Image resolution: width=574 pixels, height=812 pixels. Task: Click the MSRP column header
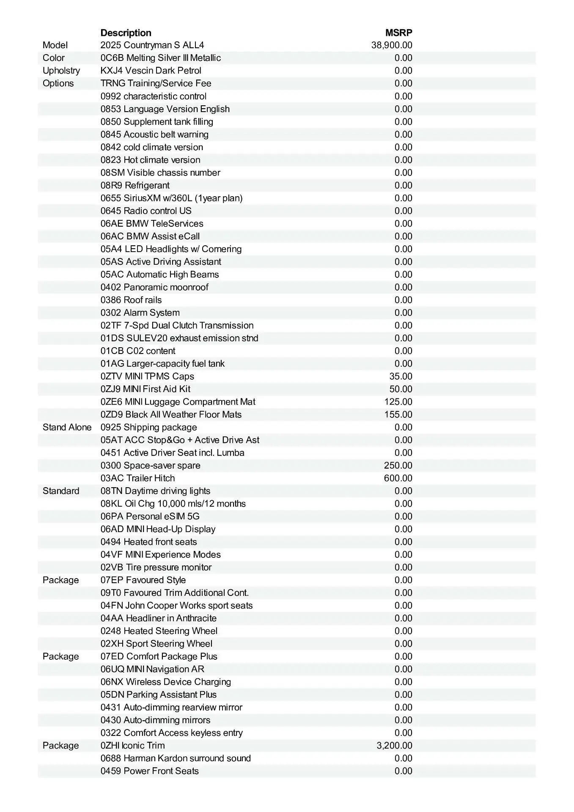pyautogui.click(x=398, y=33)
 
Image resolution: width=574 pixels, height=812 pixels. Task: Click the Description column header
pyautogui.click(x=126, y=33)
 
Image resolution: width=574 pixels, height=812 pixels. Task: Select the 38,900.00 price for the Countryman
pyautogui.click(x=392, y=45)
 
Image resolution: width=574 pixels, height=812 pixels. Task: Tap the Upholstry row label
pyautogui.click(x=61, y=71)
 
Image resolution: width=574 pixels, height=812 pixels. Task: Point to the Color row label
pyautogui.click(x=54, y=58)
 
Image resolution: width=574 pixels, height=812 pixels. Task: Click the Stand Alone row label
pyautogui.click(x=67, y=427)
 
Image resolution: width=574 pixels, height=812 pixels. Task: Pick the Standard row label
pyautogui.click(x=61, y=491)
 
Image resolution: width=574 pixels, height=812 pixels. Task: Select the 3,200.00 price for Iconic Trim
pyautogui.click(x=394, y=745)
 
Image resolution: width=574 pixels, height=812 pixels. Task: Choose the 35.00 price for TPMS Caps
pyautogui.click(x=401, y=376)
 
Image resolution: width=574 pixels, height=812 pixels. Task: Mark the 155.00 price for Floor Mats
pyautogui.click(x=398, y=414)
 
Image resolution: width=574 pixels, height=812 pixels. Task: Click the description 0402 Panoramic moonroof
pyautogui.click(x=154, y=287)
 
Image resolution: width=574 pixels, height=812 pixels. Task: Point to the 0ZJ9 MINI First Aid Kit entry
pyautogui.click(x=146, y=389)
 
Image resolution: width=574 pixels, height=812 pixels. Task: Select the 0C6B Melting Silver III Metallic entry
pyautogui.click(x=161, y=58)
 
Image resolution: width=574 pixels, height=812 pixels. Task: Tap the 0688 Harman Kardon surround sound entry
pyautogui.click(x=176, y=758)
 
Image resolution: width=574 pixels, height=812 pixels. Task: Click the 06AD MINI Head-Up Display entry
pyautogui.click(x=158, y=529)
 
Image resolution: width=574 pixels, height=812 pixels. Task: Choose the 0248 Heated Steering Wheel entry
pyautogui.click(x=159, y=631)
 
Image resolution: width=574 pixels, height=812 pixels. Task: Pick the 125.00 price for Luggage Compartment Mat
pyautogui.click(x=398, y=402)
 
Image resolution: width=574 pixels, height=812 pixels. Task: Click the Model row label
pyautogui.click(x=55, y=45)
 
